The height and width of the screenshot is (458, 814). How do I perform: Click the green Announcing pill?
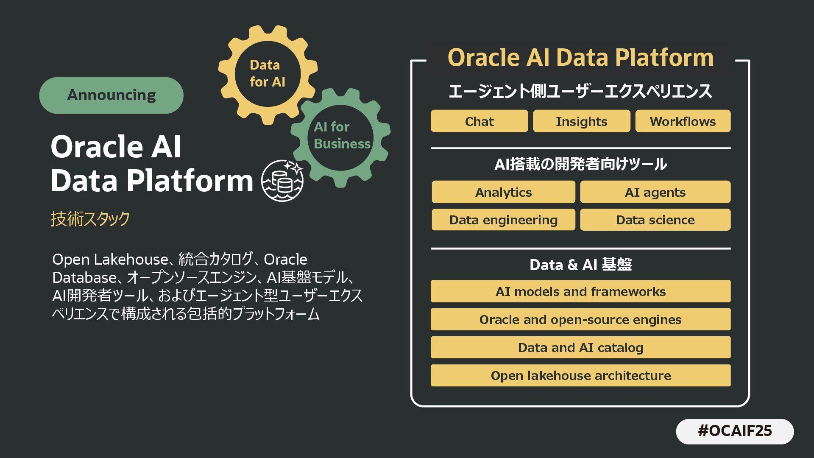111,95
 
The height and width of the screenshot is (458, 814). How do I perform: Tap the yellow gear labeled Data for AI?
268,74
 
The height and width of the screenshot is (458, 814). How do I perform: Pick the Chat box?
479,121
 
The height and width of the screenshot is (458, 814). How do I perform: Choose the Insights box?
581,121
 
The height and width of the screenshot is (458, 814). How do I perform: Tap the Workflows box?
683,121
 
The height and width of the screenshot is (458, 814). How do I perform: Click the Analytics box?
503,192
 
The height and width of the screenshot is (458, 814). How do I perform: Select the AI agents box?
655,192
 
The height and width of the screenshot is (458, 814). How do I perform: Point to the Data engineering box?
503,220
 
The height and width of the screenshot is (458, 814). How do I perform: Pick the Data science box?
655,220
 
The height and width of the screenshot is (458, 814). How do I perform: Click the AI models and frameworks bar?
580,291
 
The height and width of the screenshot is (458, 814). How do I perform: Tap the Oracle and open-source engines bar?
580,319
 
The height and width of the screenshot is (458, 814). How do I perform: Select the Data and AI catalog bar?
580,347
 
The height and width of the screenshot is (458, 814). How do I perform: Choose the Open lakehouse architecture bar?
580,375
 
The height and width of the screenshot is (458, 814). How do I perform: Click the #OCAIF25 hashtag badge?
735,431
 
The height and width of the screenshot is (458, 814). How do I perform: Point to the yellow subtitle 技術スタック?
90,219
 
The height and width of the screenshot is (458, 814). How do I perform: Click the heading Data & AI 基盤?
580,265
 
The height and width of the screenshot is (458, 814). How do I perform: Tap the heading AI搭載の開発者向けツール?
580,164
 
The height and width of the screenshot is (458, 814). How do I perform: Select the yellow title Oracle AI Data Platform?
580,57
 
